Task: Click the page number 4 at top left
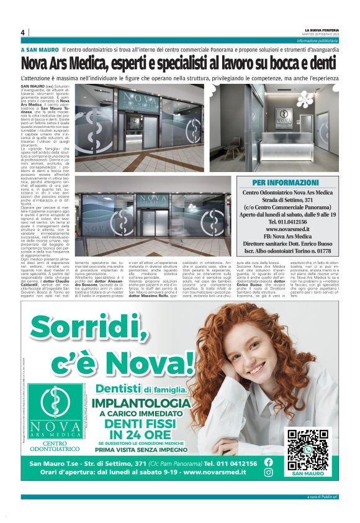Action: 23,32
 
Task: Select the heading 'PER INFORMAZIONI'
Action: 286,183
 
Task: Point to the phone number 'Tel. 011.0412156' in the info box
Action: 286,221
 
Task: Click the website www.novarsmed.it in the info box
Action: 286,229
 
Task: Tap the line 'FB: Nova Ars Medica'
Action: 286,236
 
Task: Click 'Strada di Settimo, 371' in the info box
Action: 286,199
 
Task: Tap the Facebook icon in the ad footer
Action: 268,462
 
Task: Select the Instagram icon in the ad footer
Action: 268,472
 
